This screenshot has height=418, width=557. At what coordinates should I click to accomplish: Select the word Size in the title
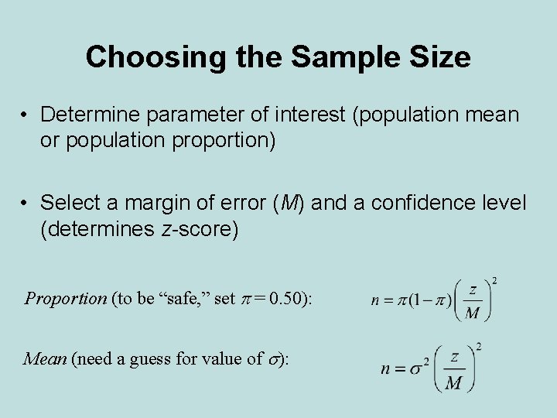coord(441,57)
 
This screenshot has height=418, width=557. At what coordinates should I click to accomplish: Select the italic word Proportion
coord(66,299)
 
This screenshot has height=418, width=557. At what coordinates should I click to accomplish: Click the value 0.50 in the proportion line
coord(289,299)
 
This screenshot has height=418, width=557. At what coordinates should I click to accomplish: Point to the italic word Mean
coord(45,359)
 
